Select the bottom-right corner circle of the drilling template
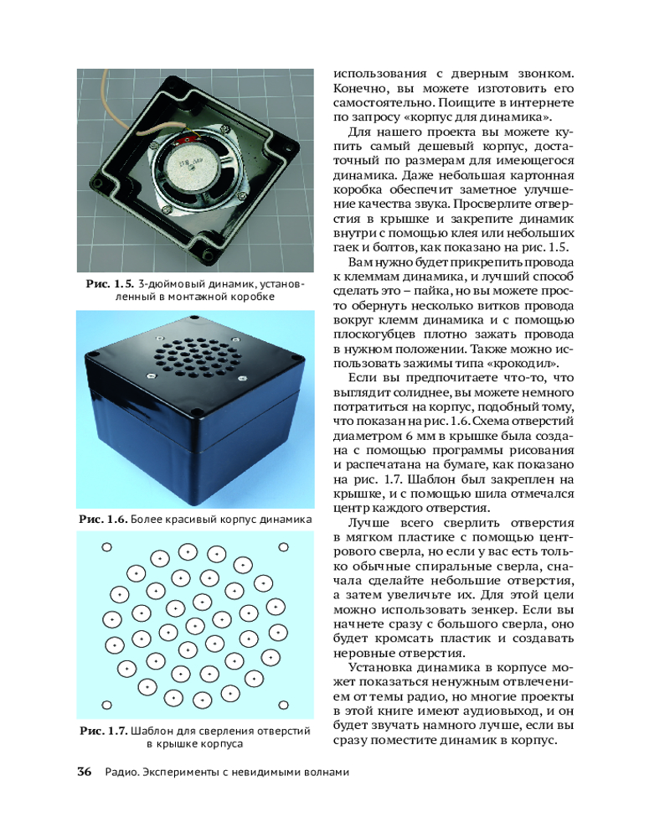click(x=282, y=705)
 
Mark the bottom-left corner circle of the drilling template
click(x=106, y=705)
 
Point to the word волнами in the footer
click(x=321, y=773)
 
